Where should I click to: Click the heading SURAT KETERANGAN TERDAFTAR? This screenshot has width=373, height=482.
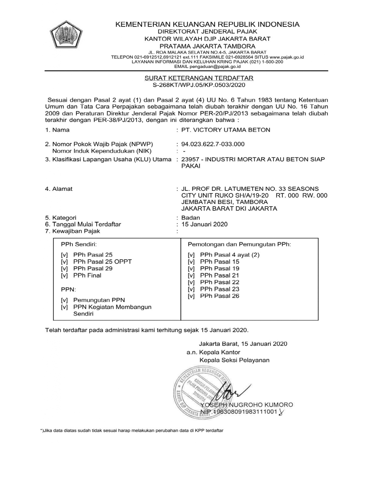point(199,78)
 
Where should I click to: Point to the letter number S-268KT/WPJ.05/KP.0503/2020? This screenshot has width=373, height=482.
point(199,85)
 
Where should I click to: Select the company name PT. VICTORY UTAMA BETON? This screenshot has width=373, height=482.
point(226,130)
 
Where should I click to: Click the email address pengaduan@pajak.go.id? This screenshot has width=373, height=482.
point(215,67)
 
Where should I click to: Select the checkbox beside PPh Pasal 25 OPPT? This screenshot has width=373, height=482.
point(64,262)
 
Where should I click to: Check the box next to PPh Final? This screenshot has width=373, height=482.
point(64,275)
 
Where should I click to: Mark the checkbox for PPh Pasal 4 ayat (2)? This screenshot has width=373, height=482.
point(191,255)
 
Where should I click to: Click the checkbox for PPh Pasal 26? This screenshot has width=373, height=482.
point(191,296)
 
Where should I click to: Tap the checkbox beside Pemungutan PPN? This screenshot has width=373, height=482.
point(64,300)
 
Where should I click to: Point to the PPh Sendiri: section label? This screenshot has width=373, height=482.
point(79,244)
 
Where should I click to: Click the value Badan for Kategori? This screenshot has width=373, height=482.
point(190,218)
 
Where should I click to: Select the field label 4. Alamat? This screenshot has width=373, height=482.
point(59,189)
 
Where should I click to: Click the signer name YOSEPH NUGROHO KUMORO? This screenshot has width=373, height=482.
point(247,405)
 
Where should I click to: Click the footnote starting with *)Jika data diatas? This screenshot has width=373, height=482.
point(132,431)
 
